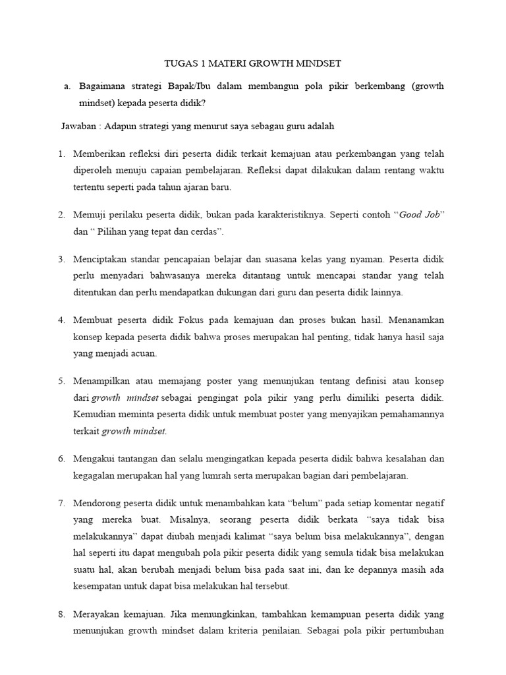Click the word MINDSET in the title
pos(317,64)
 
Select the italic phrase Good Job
pos(420,214)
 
